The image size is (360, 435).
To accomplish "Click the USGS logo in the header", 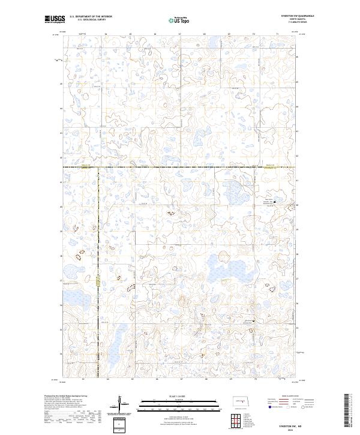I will (x=55, y=20).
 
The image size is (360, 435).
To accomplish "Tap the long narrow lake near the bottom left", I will (x=115, y=344).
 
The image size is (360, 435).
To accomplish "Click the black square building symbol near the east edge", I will (x=284, y=202).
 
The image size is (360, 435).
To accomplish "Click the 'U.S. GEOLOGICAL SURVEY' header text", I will (x=87, y=20).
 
